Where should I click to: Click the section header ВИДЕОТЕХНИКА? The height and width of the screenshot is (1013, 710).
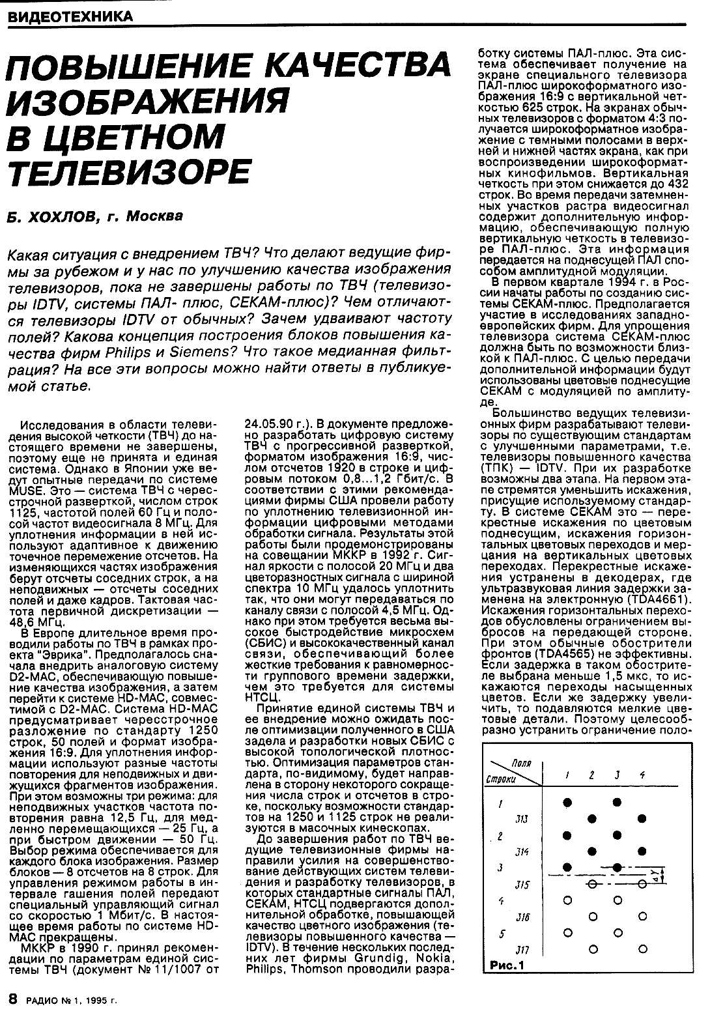coord(67,16)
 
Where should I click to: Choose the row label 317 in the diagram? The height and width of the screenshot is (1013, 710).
coord(522,949)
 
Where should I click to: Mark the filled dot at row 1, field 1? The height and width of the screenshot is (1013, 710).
coord(567,802)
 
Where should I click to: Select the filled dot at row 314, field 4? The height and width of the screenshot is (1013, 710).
coord(642,851)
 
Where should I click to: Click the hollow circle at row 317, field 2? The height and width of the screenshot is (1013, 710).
coord(592,948)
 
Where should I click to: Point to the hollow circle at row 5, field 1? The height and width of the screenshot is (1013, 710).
coord(567,932)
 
